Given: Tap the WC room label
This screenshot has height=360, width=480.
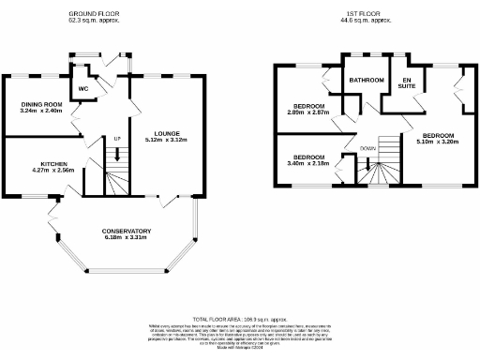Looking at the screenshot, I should pos(83,89).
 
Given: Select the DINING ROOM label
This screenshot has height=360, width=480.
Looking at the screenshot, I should pos(40,104).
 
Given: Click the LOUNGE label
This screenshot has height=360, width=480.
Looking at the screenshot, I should pos(167,132).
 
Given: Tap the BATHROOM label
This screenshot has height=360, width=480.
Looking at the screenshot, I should pos(367,81).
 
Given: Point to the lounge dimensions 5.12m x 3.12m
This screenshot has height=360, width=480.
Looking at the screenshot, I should pos(167,140).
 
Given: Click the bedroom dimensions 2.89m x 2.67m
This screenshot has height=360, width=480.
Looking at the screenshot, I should pos(308,112).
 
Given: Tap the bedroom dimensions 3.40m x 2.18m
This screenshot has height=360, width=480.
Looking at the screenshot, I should pos(308,164).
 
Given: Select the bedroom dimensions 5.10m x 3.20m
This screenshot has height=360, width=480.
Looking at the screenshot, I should pos(436,142).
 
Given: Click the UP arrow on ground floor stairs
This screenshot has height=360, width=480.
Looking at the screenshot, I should pos(117,157).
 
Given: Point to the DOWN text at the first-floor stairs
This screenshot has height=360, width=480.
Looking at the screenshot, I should pos(367,146).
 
